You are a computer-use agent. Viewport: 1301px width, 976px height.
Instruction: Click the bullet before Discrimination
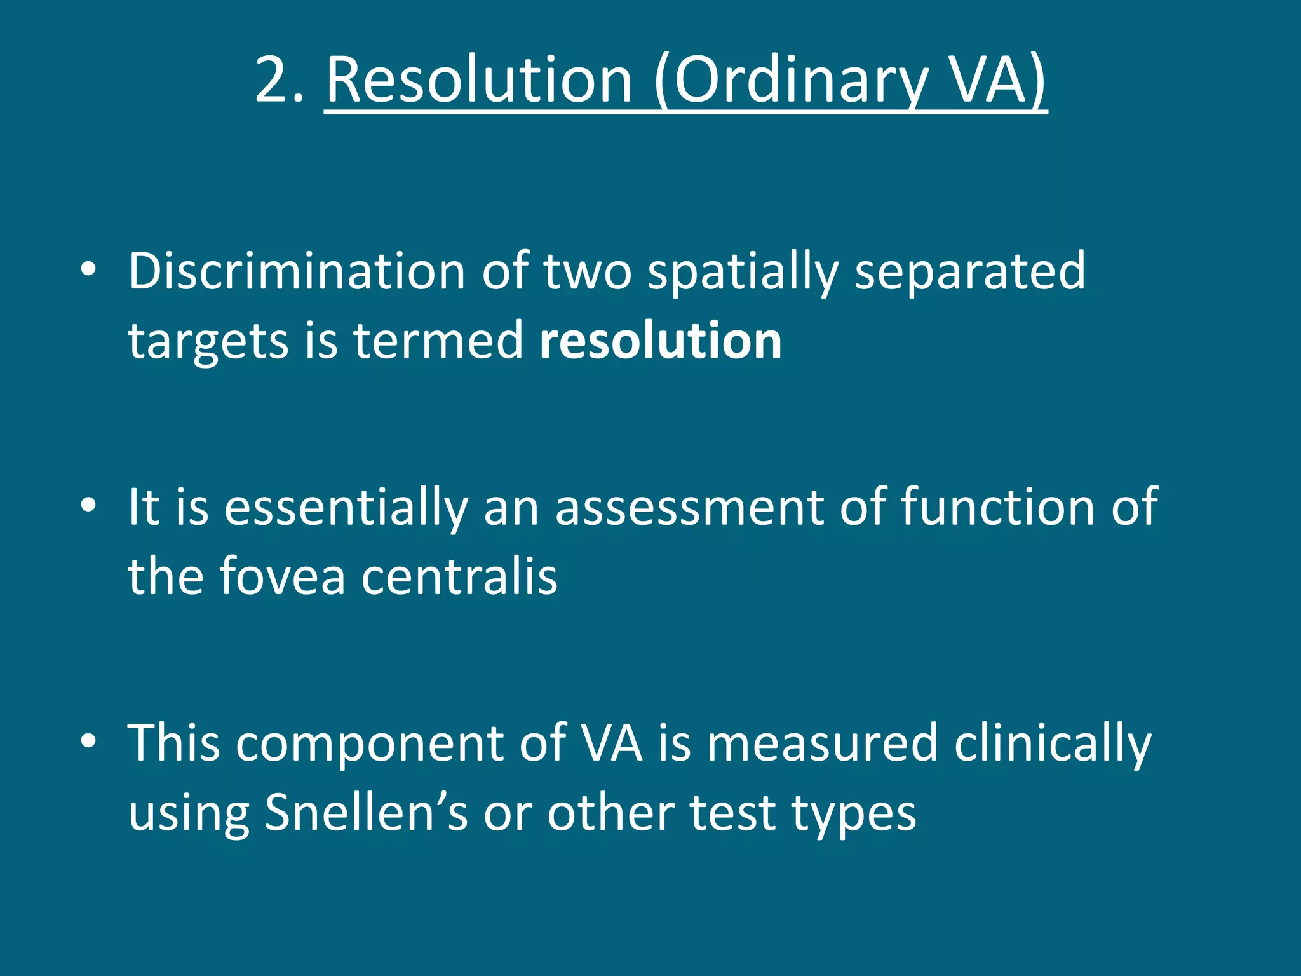pos(88,270)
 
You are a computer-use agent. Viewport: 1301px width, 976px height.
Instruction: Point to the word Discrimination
pos(297,271)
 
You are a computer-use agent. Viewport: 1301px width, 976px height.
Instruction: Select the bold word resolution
pos(660,341)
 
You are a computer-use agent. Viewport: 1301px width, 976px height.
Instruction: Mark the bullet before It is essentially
pos(88,506)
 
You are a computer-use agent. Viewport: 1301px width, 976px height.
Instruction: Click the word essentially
pos(346,508)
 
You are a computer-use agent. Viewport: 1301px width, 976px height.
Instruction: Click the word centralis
pos(459,576)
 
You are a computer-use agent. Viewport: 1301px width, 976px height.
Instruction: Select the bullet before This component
pos(88,741)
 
